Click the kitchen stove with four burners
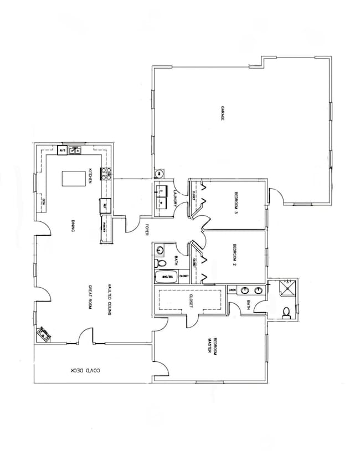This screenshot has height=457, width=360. (x=105, y=174)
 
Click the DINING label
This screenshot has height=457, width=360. (x=73, y=226)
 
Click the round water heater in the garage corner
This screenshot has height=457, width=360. (x=158, y=173)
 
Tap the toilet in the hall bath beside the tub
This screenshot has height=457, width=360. (x=161, y=262)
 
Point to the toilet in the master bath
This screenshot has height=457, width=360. (x=285, y=314)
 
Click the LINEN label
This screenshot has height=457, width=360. (x=232, y=290)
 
